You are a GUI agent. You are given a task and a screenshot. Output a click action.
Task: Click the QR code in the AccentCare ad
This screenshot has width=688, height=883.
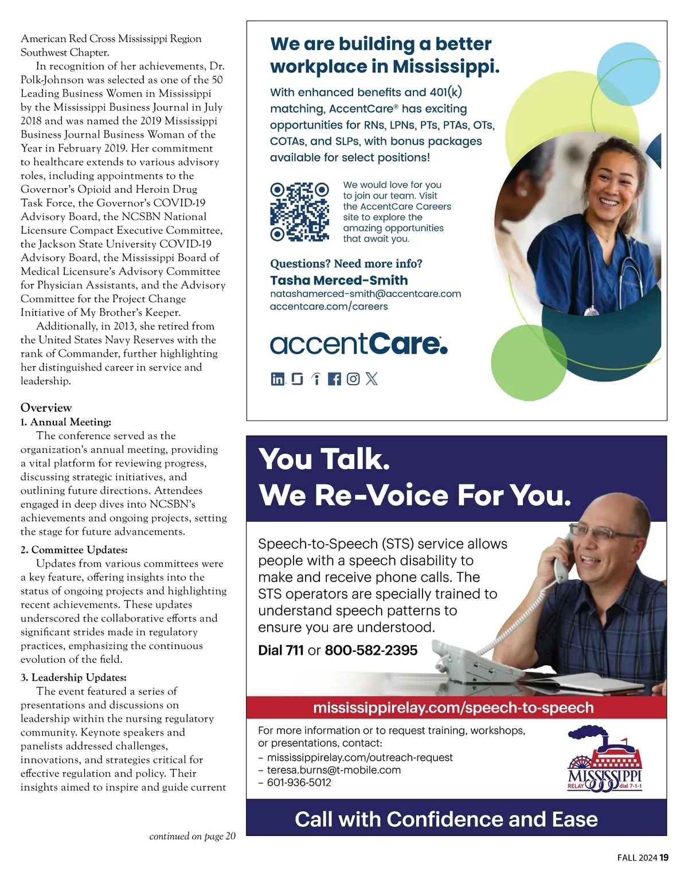(299, 212)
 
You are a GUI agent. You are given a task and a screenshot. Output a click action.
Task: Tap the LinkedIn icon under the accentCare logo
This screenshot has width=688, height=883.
(277, 378)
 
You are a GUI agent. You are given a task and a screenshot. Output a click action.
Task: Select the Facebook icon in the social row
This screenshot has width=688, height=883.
(334, 378)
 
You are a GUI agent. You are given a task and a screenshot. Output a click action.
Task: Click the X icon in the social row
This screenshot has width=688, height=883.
(372, 378)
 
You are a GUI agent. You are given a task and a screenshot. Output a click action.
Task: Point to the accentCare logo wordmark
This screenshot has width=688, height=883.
(358, 343)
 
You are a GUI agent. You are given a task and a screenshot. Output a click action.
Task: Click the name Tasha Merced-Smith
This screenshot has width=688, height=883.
(339, 280)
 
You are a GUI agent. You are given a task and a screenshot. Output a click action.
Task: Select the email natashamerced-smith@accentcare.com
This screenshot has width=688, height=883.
(365, 294)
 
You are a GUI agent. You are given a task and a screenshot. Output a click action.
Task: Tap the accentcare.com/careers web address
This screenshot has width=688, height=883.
(329, 307)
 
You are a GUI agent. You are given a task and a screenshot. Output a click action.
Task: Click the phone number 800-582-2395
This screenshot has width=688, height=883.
(371, 650)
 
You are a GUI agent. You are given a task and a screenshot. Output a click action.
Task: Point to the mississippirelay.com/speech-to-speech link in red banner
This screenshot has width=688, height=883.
(453, 708)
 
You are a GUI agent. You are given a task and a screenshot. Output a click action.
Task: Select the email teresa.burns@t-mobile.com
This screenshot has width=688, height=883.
(334, 770)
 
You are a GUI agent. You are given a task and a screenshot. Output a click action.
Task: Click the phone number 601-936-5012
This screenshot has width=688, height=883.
(299, 783)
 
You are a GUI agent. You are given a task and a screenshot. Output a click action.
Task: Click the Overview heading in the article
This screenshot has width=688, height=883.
(46, 408)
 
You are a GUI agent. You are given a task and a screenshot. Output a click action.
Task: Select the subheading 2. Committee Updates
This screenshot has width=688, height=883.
(74, 550)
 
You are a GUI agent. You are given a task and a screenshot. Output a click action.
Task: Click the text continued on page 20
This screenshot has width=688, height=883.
(192, 836)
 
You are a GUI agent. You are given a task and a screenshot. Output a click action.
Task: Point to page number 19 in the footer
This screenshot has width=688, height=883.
(664, 858)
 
